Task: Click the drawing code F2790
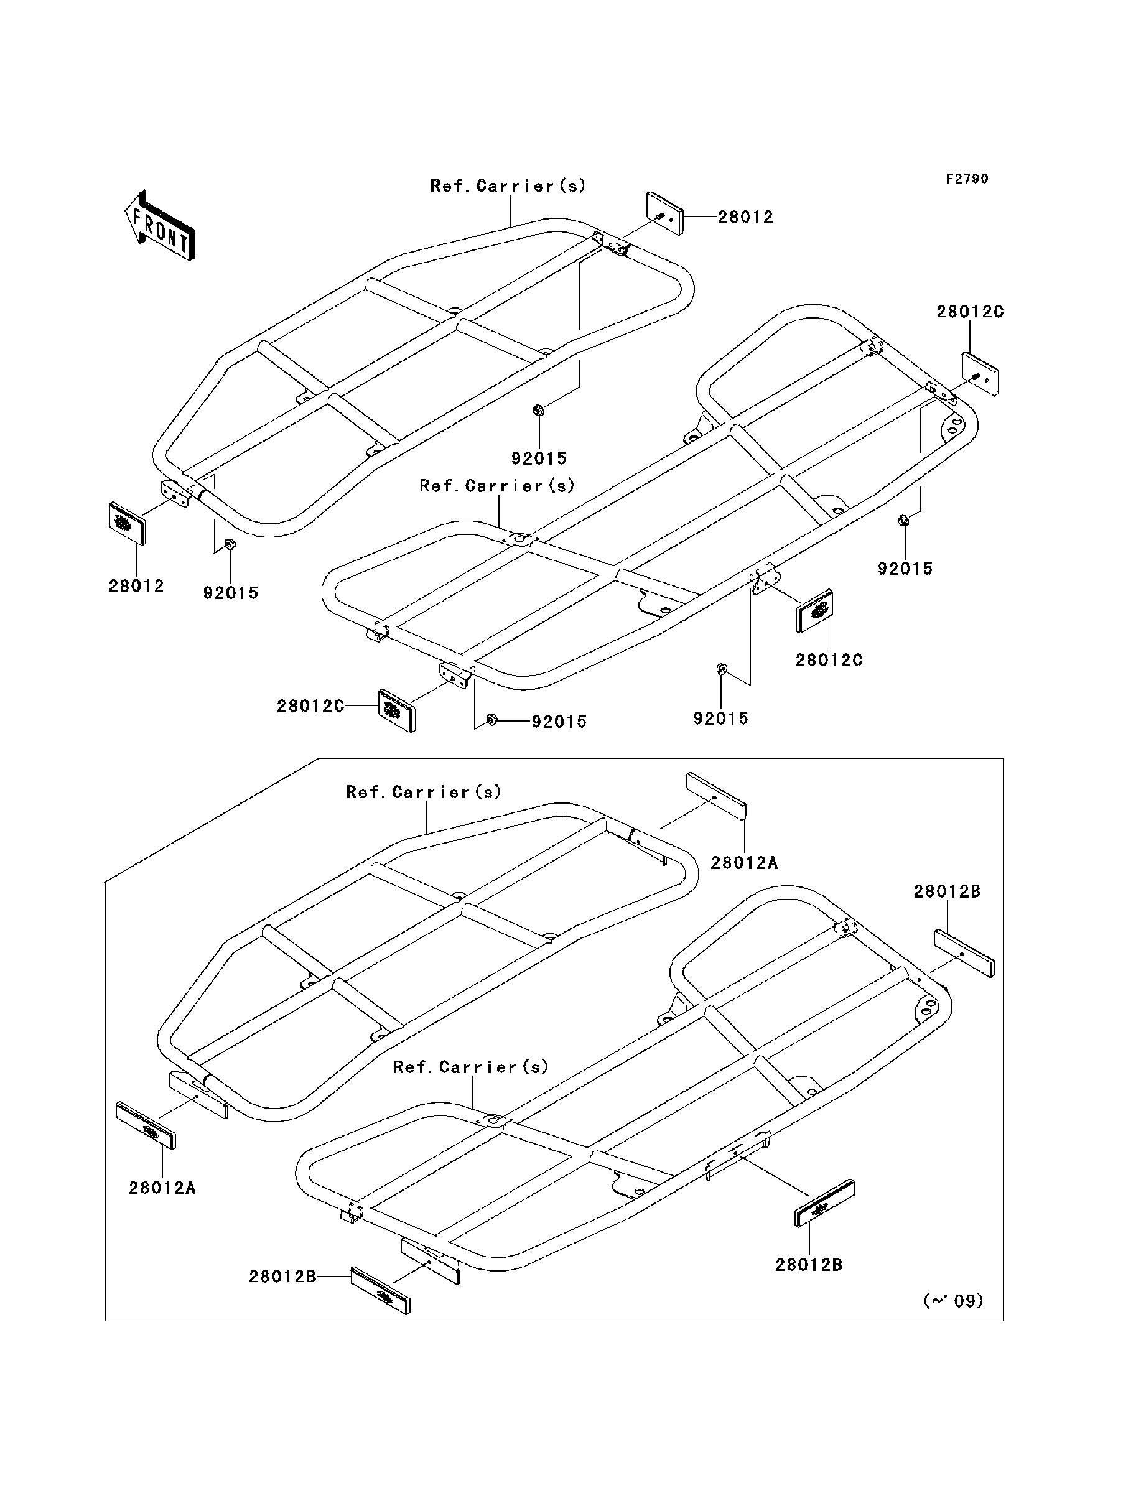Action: pyautogui.click(x=968, y=179)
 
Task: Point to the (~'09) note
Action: pyautogui.click(x=954, y=1301)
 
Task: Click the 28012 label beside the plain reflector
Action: pyautogui.click(x=746, y=217)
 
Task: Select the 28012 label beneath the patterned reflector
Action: pyautogui.click(x=136, y=586)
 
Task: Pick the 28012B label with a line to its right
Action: pyautogui.click(x=282, y=1277)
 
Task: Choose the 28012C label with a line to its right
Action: pyautogui.click(x=310, y=706)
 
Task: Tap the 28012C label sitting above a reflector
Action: pyautogui.click(x=970, y=312)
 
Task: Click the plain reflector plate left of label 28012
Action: pyautogui.click(x=664, y=213)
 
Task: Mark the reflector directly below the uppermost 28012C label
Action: pyautogui.click(x=980, y=374)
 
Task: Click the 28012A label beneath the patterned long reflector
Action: pyautogui.click(x=162, y=1188)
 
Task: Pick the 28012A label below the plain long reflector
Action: pyautogui.click(x=744, y=863)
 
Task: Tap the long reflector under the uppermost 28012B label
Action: pyautogui.click(x=964, y=953)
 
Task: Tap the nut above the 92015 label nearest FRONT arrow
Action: pyautogui.click(x=230, y=544)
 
